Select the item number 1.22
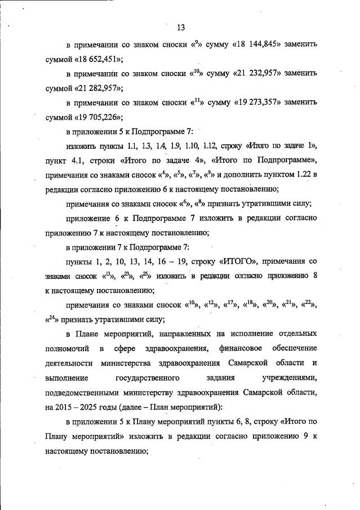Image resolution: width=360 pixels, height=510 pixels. pyautogui.click(x=297, y=174)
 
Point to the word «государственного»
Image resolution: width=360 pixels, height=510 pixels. pyautogui.click(x=146, y=378)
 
